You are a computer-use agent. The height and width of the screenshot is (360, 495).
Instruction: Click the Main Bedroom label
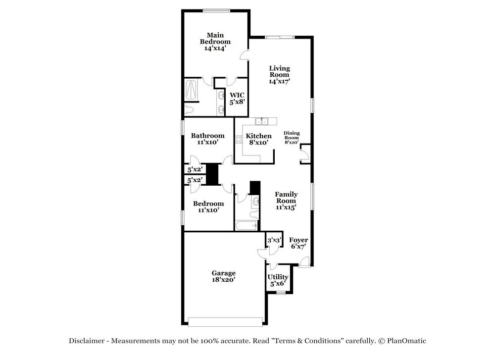coord(215,39)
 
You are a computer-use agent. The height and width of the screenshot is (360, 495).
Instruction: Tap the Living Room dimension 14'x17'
coord(279,81)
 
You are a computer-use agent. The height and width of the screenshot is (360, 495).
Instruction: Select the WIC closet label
coord(237,95)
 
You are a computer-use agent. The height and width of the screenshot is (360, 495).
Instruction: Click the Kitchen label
coord(259,136)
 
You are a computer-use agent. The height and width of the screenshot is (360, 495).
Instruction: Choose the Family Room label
coord(286,198)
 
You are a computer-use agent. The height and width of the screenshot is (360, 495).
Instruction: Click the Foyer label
coord(298,240)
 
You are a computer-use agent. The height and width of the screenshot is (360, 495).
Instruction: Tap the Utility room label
coord(278,277)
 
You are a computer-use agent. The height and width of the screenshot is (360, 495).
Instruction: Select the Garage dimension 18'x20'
coord(223,280)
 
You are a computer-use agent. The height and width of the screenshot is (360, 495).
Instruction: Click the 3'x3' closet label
coord(274,241)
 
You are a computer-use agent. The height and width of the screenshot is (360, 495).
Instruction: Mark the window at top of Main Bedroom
coord(216,10)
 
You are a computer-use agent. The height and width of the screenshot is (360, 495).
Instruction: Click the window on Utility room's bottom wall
coord(281,293)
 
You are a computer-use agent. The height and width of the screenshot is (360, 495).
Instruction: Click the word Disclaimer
coord(87,341)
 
